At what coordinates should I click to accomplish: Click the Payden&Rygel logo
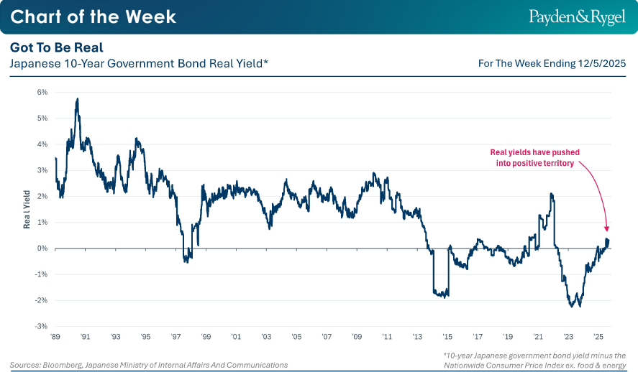[577, 17]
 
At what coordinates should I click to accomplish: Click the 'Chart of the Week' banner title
[94, 17]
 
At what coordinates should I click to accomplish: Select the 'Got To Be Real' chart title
[57, 47]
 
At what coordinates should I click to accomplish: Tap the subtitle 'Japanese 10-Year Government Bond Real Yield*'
[140, 64]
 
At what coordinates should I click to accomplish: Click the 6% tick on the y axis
[42, 93]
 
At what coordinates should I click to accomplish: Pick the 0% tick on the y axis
[42, 248]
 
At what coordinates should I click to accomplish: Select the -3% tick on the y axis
[42, 326]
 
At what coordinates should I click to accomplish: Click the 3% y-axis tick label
[42, 170]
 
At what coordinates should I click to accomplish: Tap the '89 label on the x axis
[55, 336]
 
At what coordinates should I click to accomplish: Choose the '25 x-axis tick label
[598, 336]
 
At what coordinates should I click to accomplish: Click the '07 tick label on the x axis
[327, 336]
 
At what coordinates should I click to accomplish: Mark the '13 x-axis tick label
[417, 336]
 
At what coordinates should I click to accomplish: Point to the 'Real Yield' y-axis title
[27, 209]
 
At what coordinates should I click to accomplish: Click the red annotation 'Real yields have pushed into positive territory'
[534, 158]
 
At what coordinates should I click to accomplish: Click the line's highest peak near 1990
[77, 99]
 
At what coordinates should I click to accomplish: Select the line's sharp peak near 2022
[551, 194]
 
